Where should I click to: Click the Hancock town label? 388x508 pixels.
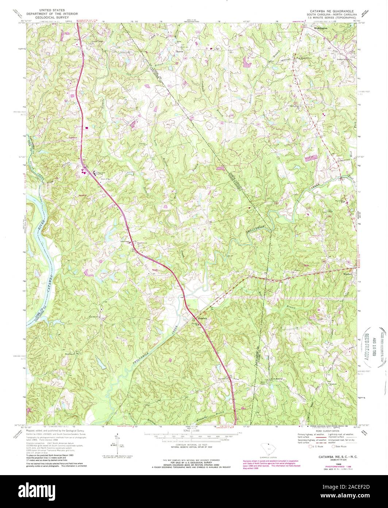coord(202,318)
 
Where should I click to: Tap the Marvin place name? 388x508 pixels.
coord(179,51)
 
